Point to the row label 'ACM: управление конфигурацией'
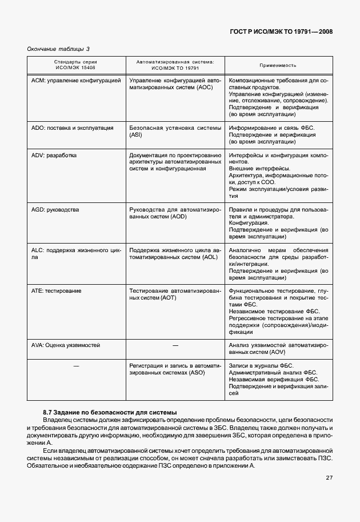pos(76,81)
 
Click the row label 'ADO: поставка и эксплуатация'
pos(71,128)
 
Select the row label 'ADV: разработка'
pos(54,155)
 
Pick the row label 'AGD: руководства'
pos(55,210)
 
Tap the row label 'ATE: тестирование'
pos(56,291)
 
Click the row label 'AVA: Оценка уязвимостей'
pos(66,345)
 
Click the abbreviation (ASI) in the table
pos(136,136)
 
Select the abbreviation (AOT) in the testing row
pos(170,298)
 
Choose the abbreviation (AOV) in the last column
pos(271,353)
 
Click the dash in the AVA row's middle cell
pos(175,345)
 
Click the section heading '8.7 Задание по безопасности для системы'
pos(110,412)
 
